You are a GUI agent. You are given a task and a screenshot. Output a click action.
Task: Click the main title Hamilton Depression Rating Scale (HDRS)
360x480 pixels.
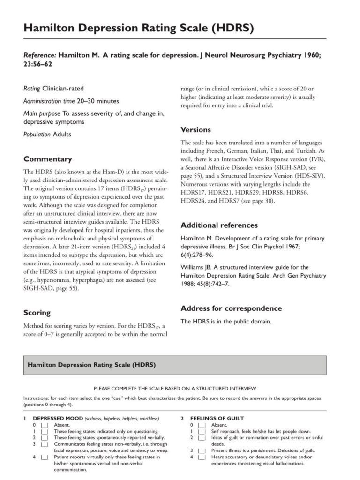pos(139,29)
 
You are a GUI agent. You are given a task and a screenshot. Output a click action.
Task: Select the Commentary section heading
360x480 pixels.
pos(48,159)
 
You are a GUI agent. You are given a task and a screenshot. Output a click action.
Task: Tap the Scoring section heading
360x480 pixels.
pos(37,312)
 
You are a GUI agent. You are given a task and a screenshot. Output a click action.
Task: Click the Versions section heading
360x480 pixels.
pos(196,129)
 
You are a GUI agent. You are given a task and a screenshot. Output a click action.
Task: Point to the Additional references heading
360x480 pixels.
pos(219,225)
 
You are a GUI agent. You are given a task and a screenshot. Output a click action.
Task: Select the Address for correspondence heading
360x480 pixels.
pos(231,308)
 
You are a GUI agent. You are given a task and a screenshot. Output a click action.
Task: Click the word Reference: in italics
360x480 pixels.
pos(40,55)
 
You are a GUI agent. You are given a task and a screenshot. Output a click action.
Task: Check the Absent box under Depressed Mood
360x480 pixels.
pos(45,425)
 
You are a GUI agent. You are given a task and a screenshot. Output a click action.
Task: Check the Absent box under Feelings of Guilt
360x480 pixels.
pos(202,425)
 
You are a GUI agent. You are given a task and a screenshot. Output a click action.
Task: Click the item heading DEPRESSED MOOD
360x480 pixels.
pos(58,418)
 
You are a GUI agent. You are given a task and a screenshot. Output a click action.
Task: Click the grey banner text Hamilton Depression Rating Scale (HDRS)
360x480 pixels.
pos(92,364)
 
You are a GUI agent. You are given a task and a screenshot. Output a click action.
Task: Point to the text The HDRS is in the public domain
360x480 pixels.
pos(226,322)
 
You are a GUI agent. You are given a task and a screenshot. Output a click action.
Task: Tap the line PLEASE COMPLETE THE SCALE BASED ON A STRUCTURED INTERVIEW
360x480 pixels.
pos(175,389)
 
